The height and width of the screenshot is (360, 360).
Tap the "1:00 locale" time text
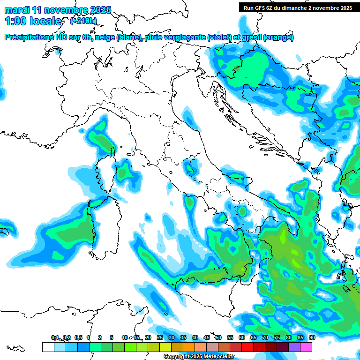(x=33, y=21)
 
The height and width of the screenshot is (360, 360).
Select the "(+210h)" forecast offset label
(x=83, y=21)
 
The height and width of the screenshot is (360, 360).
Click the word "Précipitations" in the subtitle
(x=29, y=37)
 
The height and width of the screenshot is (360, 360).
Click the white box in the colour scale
(x=48, y=347)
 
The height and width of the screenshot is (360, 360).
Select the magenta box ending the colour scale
(x=306, y=347)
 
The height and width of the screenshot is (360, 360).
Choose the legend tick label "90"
(x=312, y=337)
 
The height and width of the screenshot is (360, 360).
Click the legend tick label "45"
(x=207, y=337)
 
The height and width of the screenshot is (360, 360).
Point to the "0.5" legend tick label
(x=79, y=337)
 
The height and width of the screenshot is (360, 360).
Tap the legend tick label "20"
(x=148, y=337)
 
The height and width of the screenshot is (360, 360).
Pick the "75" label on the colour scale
(x=277, y=337)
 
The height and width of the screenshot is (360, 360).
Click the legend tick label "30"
(x=172, y=337)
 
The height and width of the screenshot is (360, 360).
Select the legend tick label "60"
(x=242, y=337)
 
